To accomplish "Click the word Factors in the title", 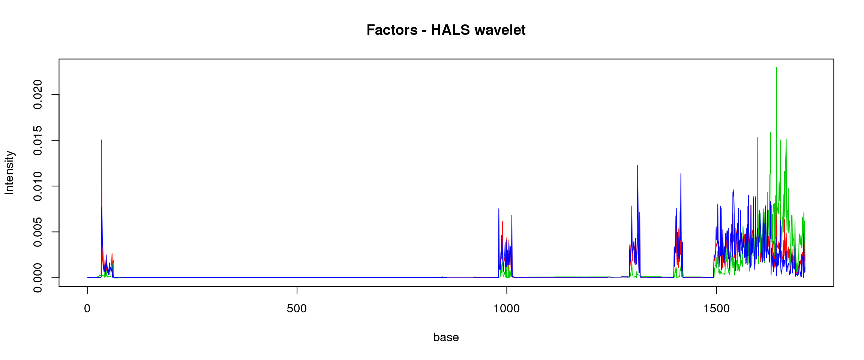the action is [x=392, y=30].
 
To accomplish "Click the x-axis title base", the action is [x=446, y=337].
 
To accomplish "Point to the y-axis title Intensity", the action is [x=9, y=172].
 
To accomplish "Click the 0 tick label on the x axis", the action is [x=87, y=309].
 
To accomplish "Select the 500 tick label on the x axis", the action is [x=297, y=309].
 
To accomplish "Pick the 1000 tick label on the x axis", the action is [x=507, y=309].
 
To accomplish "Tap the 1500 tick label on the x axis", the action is [x=716, y=309].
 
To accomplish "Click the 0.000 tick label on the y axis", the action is [x=37, y=277].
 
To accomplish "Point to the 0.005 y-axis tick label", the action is [x=37, y=232].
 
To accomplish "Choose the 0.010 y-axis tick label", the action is [x=37, y=186].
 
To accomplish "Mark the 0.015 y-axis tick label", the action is [x=37, y=140].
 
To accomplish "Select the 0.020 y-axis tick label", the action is [x=37, y=94].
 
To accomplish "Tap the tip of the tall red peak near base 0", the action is [x=102, y=140].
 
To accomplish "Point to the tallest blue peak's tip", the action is [x=637, y=165].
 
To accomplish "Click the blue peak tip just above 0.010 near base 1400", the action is [x=681, y=174].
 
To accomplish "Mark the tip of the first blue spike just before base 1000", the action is [x=499, y=208].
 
